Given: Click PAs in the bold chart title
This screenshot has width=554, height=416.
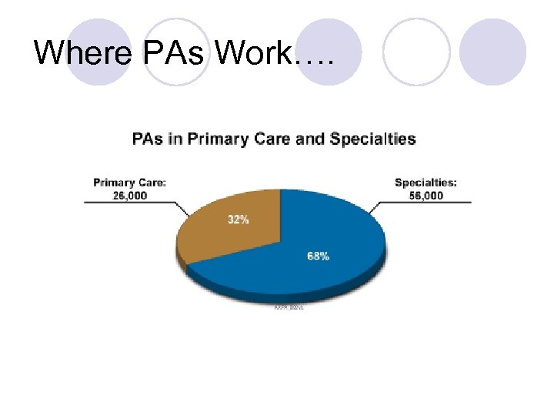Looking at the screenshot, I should pos(146,140).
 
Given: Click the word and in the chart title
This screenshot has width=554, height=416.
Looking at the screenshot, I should pos(311,140).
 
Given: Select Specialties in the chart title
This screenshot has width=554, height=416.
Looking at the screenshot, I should pos(372,140).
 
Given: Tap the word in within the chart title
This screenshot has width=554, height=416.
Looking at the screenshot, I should pos(174,140).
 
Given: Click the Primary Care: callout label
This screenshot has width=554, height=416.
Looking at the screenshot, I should pos(129,183).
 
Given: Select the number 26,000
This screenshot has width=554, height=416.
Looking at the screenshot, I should pos(129,195).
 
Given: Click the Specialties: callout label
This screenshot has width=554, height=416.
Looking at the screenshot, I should pos(426,183).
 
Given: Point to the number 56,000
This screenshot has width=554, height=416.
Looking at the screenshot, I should pos(426,195).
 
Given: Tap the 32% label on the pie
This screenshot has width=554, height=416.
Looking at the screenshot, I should pos(238,220).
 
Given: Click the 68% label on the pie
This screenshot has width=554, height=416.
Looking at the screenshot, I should pos(318,256).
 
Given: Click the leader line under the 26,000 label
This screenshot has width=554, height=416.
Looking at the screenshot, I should pos(131,203).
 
